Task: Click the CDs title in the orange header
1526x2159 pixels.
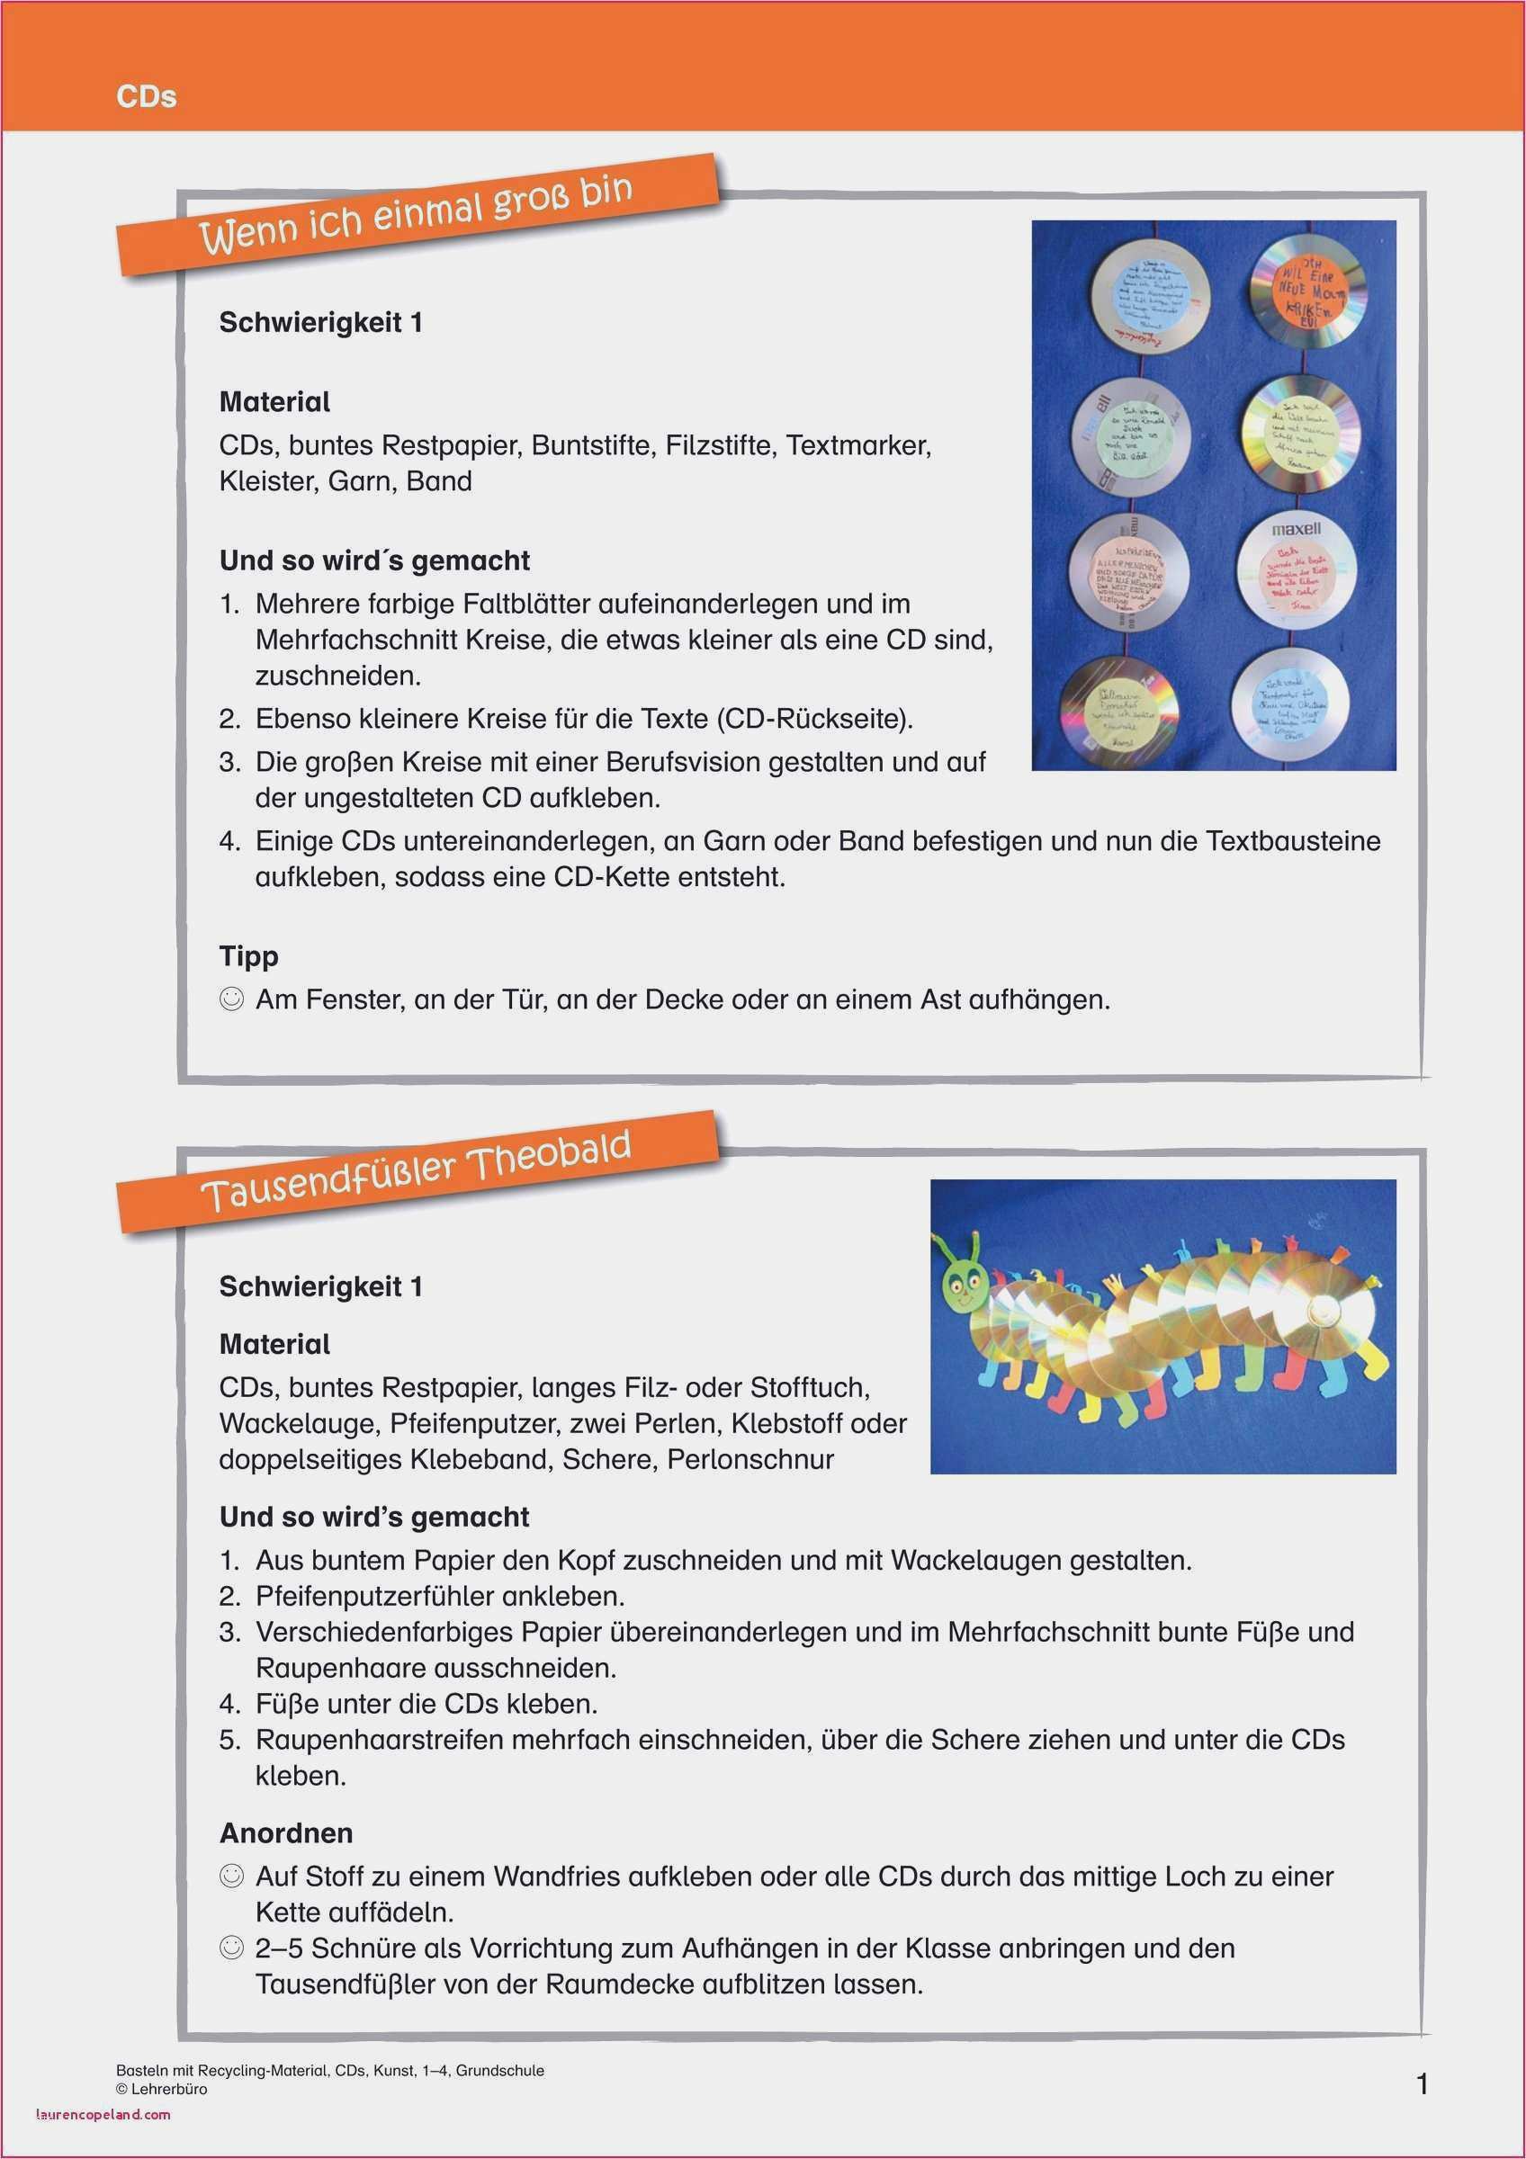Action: [146, 97]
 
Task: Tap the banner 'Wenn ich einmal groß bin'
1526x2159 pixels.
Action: [416, 217]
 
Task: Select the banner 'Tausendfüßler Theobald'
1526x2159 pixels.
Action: [416, 1172]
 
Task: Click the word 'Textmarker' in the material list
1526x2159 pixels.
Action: [857, 444]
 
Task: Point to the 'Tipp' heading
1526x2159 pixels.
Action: [248, 956]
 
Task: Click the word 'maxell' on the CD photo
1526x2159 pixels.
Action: [1296, 530]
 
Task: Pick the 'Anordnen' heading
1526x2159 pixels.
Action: [286, 1832]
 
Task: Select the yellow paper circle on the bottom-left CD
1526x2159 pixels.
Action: [1125, 711]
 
